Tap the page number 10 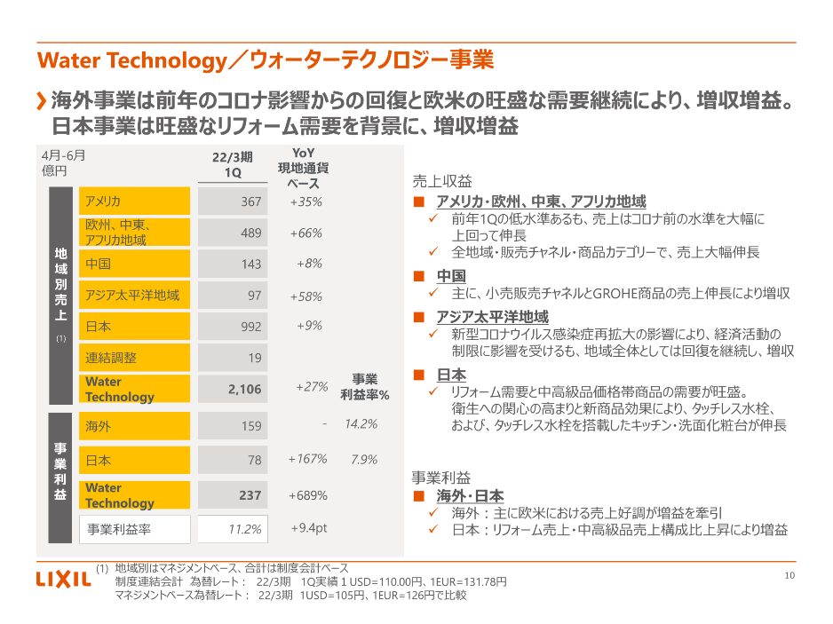point(789,575)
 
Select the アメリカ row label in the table point(134,201)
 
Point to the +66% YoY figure point(305,233)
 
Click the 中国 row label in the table point(134,264)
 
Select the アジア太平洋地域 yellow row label point(134,296)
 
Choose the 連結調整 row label point(134,358)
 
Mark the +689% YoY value point(307,495)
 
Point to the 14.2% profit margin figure point(361,424)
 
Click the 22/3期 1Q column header point(233,164)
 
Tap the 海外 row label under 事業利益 point(134,426)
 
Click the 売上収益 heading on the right point(442,181)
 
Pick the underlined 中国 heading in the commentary point(451,275)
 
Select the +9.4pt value point(309,529)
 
